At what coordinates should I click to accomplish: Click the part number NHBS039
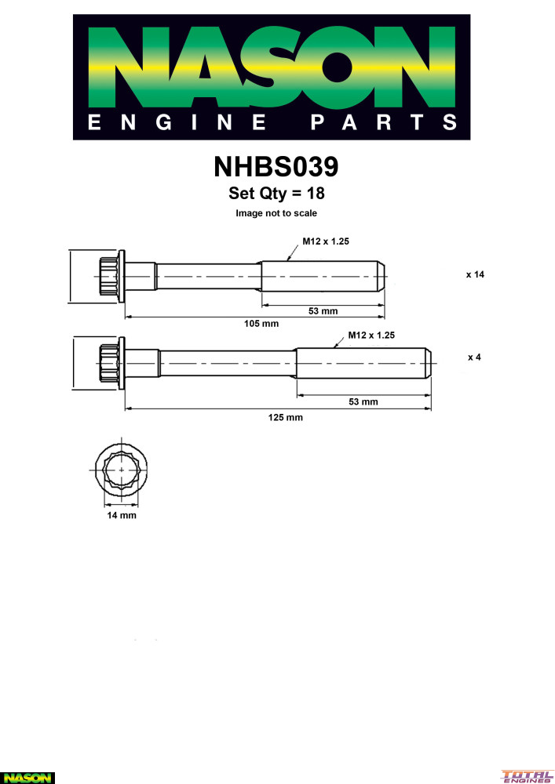(x=276, y=166)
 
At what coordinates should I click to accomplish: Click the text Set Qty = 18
(x=276, y=193)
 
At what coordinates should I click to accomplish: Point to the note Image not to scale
(x=276, y=213)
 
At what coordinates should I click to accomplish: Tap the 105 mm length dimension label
(x=261, y=324)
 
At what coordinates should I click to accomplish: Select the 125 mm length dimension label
(x=285, y=417)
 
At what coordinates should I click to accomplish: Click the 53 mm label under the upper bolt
(x=323, y=311)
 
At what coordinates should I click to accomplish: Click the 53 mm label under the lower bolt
(x=363, y=401)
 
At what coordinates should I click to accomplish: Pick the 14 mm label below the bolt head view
(x=122, y=515)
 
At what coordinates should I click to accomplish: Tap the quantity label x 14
(x=475, y=274)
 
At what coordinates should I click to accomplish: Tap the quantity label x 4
(x=474, y=357)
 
